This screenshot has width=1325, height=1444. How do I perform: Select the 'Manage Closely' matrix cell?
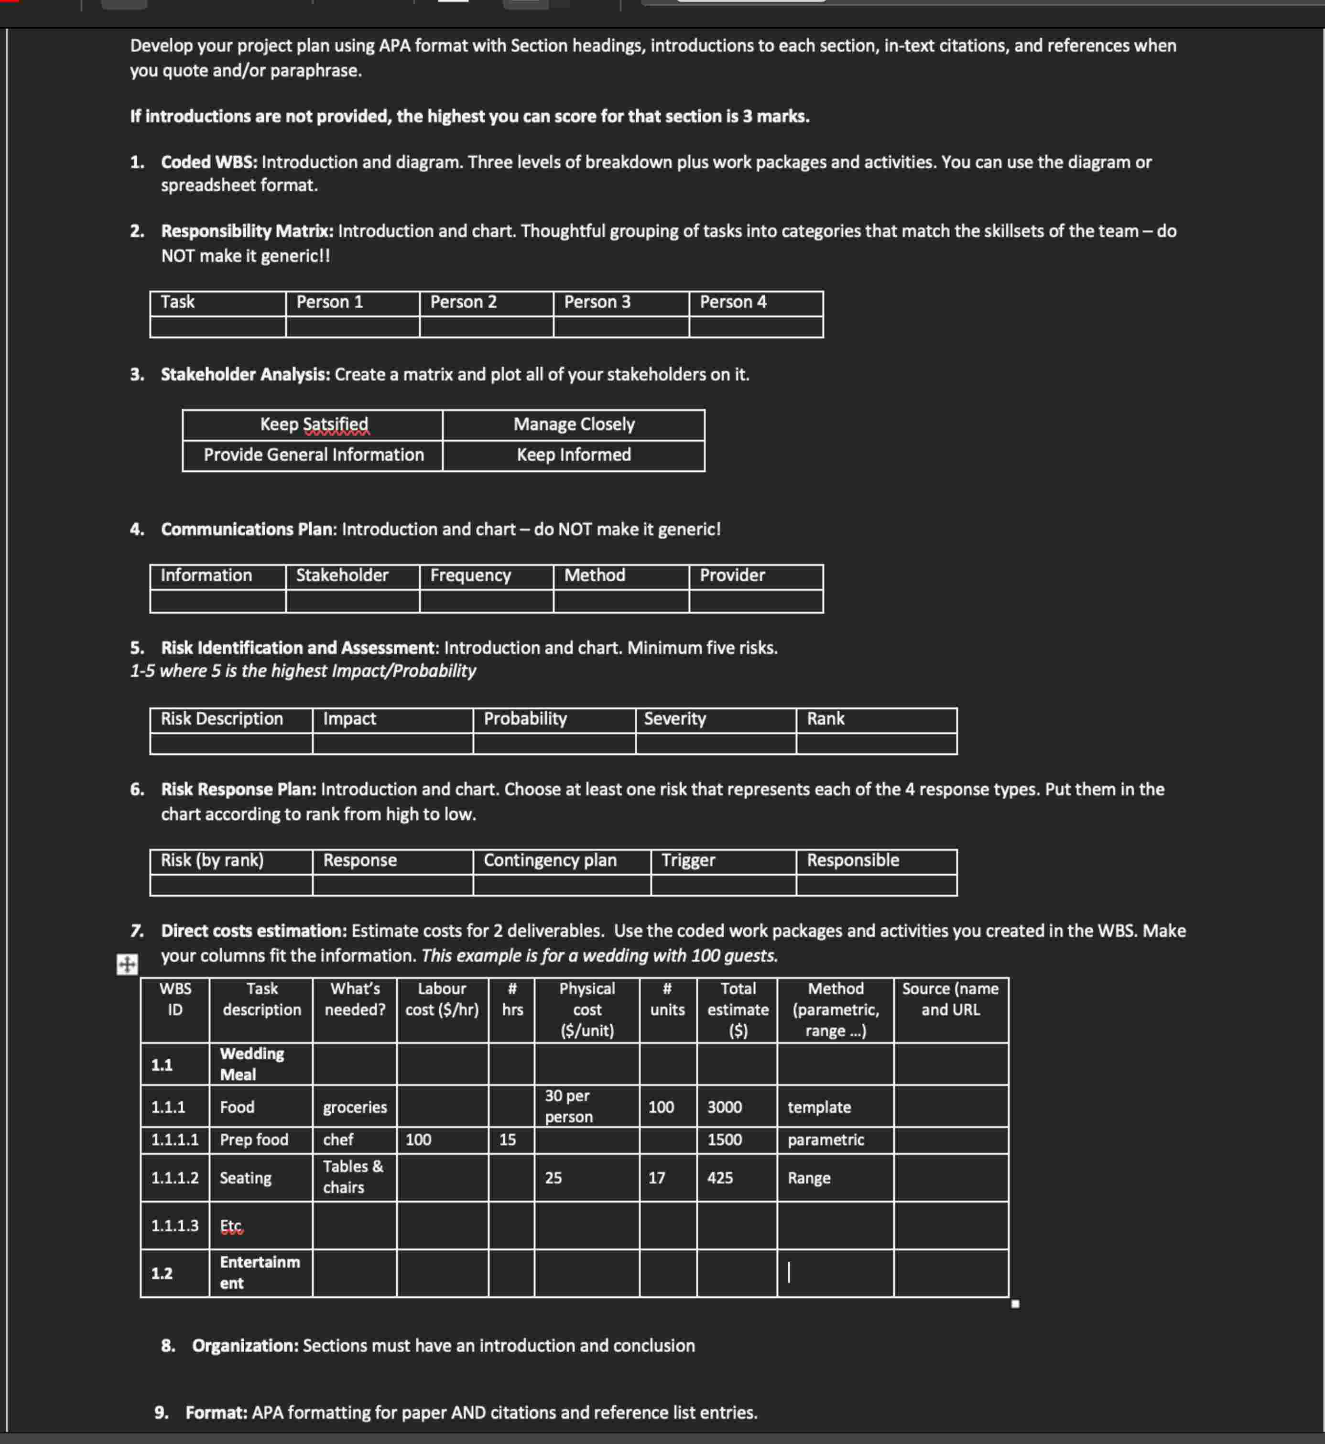coord(574,424)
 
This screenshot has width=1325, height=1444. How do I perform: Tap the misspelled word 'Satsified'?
coord(336,424)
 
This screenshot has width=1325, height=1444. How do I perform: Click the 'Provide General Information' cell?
coord(314,455)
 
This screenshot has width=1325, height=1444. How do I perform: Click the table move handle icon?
coord(127,965)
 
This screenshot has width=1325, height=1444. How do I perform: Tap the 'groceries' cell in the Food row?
coord(354,1107)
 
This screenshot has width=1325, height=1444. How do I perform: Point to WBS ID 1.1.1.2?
coord(174,1178)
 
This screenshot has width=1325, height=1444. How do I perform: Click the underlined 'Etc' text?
coord(231,1226)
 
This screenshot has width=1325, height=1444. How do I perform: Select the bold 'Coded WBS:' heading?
coord(208,162)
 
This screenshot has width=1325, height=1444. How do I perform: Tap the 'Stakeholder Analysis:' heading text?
coord(245,374)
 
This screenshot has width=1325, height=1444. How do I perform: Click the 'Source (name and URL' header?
coord(950,999)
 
